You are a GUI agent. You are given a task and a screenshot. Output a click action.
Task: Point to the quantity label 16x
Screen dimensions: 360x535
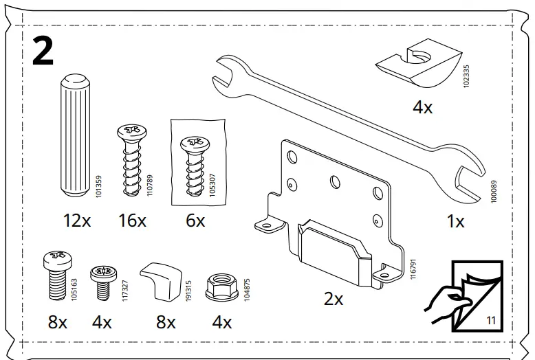pyautogui.click(x=132, y=221)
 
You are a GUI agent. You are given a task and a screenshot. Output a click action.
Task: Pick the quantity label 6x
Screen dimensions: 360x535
pyautogui.click(x=195, y=221)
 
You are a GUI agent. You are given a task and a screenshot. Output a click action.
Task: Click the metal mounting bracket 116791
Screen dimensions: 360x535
pyautogui.click(x=330, y=206)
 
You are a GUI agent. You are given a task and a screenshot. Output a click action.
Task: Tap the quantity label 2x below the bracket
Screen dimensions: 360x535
pyautogui.click(x=334, y=299)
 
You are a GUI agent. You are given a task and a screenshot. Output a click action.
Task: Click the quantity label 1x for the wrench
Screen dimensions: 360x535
pyautogui.click(x=455, y=221)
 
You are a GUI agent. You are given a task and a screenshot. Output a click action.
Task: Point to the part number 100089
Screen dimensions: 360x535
pyautogui.click(x=492, y=190)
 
